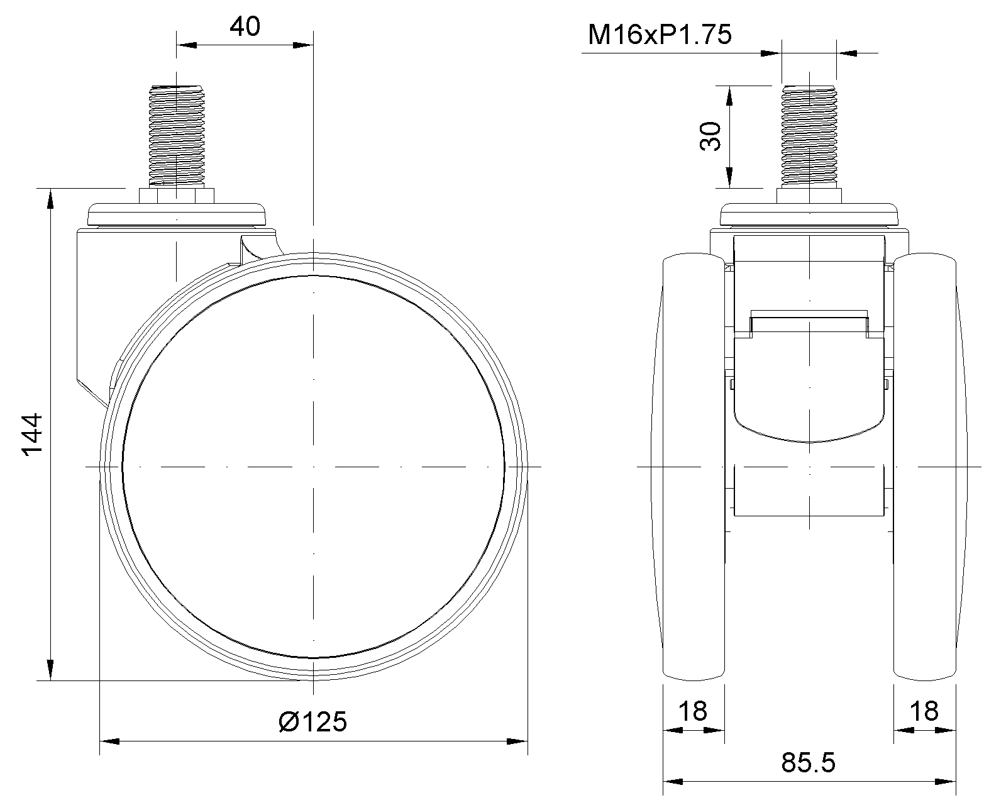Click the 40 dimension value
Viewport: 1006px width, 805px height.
click(x=245, y=26)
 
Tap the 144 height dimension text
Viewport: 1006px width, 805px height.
click(x=33, y=435)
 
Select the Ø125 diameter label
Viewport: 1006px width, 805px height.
click(x=312, y=722)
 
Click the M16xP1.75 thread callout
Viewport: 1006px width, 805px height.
click(x=660, y=35)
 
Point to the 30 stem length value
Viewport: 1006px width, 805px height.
click(x=710, y=136)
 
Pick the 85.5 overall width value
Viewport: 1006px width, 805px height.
click(x=809, y=763)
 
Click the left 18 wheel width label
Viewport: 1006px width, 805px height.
click(x=693, y=711)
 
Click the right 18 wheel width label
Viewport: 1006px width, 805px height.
click(x=924, y=711)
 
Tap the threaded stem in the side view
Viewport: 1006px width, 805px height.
click(x=177, y=136)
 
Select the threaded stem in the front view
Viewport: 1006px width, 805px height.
click(x=809, y=136)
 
